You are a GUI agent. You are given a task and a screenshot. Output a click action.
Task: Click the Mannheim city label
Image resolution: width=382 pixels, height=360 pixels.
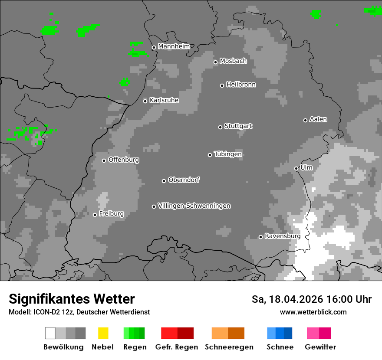point(174,46)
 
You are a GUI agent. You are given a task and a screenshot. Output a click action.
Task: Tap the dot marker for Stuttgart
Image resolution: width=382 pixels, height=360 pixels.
point(220,127)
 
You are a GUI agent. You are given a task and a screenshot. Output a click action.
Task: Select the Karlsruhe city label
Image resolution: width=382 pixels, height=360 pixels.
point(164,100)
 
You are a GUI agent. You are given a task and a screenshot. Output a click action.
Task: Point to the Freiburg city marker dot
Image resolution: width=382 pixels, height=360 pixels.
point(95,215)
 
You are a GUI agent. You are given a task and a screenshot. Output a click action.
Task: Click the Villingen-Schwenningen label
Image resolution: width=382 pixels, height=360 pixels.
point(194,206)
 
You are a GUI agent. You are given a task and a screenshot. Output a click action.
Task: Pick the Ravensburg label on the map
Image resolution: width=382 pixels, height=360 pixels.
point(283,236)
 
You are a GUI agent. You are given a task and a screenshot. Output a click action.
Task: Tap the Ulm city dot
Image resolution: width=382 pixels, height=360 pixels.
point(296,168)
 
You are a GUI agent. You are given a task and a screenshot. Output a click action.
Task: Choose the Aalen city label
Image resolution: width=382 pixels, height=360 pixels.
point(318,119)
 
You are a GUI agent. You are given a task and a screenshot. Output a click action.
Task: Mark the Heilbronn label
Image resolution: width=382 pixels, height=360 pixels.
point(241,85)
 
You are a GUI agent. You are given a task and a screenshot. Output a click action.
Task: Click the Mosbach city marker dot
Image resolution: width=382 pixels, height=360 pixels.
point(215,62)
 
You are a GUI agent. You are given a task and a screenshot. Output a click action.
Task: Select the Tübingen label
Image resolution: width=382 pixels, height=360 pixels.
point(228,154)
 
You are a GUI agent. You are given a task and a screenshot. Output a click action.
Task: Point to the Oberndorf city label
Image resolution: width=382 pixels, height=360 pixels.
point(184,180)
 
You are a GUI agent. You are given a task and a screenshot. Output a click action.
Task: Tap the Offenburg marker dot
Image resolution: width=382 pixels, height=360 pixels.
point(104,160)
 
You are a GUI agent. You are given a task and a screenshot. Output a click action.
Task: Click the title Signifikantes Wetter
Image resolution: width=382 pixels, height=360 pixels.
point(72,299)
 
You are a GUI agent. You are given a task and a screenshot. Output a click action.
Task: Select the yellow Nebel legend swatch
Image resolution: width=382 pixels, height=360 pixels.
point(103,333)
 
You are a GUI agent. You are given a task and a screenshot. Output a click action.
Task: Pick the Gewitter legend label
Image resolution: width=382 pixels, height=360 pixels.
point(320,347)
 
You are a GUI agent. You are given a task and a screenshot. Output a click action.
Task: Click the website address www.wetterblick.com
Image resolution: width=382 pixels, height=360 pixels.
point(313,312)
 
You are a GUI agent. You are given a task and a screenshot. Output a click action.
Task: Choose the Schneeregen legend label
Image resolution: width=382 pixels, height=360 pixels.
point(229,347)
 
